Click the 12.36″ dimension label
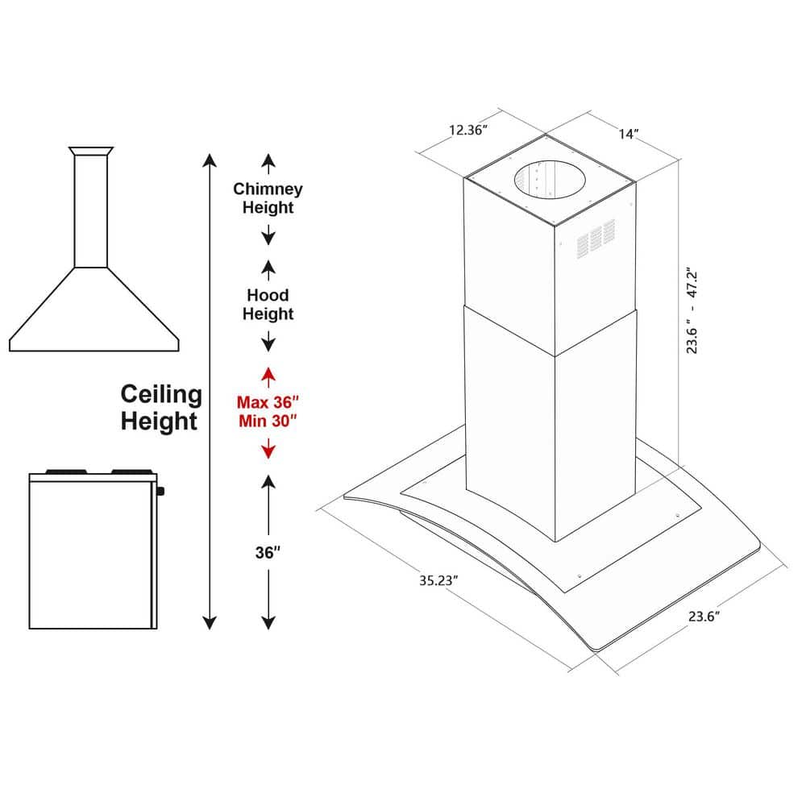click(x=468, y=130)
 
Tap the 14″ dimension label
click(x=629, y=135)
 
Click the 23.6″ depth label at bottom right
click(x=703, y=617)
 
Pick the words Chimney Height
click(x=268, y=197)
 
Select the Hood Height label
click(x=268, y=305)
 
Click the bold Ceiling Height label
click(x=160, y=407)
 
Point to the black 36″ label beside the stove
click(x=268, y=553)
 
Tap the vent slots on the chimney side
click(x=596, y=240)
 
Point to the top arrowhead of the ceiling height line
click(x=210, y=159)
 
